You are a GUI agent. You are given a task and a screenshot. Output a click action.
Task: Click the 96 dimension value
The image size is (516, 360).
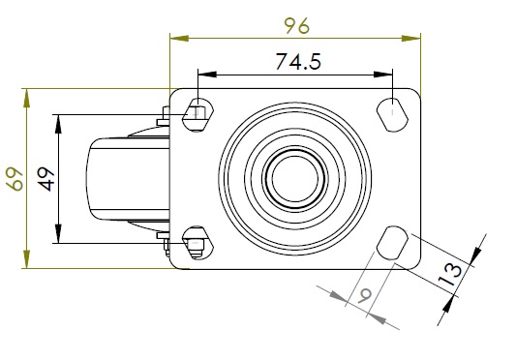pos(297,26)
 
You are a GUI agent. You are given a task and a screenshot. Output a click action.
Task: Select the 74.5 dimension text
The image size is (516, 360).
pos(298,62)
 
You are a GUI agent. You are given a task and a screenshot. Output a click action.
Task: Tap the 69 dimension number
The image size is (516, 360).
pos(15,179)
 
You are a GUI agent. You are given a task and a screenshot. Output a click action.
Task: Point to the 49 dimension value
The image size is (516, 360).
pos(46,179)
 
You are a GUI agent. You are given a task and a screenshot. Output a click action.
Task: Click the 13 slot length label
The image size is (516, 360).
pos(450,274)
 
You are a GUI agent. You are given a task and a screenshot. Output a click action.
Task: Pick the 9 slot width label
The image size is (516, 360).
pos(365,295)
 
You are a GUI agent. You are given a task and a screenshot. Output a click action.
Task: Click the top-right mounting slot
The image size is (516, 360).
pos(392,114)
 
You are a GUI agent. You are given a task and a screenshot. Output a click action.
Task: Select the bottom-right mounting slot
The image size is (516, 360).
pos(392,243)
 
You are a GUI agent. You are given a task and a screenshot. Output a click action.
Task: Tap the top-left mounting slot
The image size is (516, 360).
pos(197,114)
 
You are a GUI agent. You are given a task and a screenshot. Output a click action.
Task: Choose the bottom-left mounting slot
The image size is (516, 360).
pos(197,243)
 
